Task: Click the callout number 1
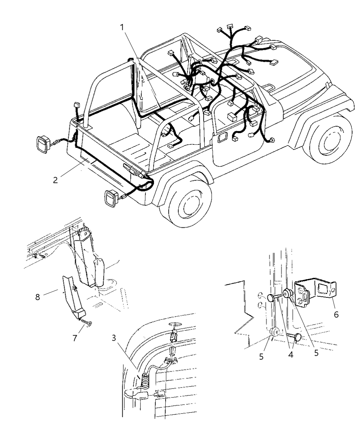coord(122,27)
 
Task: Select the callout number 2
coord(56,180)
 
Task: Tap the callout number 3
coord(114,338)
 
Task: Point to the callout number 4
coord(291,355)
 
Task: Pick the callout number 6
coord(336,314)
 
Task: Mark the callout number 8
coord(38,297)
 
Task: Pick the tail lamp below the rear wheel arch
coord(111,199)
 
